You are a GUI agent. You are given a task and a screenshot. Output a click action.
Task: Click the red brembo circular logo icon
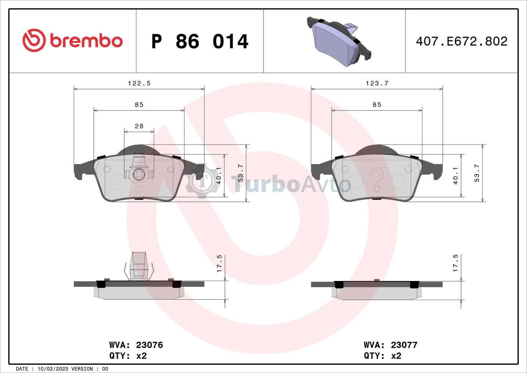34,41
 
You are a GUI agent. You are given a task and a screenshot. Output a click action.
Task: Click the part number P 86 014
200,42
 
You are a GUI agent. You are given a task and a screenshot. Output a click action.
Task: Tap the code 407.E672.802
461,42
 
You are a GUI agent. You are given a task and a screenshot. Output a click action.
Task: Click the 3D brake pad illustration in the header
339,42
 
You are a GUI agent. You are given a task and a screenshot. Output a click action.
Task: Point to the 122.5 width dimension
139,83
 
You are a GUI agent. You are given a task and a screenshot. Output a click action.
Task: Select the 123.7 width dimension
377,83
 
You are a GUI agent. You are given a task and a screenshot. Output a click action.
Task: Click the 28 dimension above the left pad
139,126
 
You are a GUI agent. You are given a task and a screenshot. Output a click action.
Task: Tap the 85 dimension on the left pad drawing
139,105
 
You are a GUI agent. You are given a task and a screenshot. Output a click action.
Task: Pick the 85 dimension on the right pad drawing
377,105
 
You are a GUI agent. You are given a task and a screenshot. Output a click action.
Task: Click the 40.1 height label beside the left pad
219,176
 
